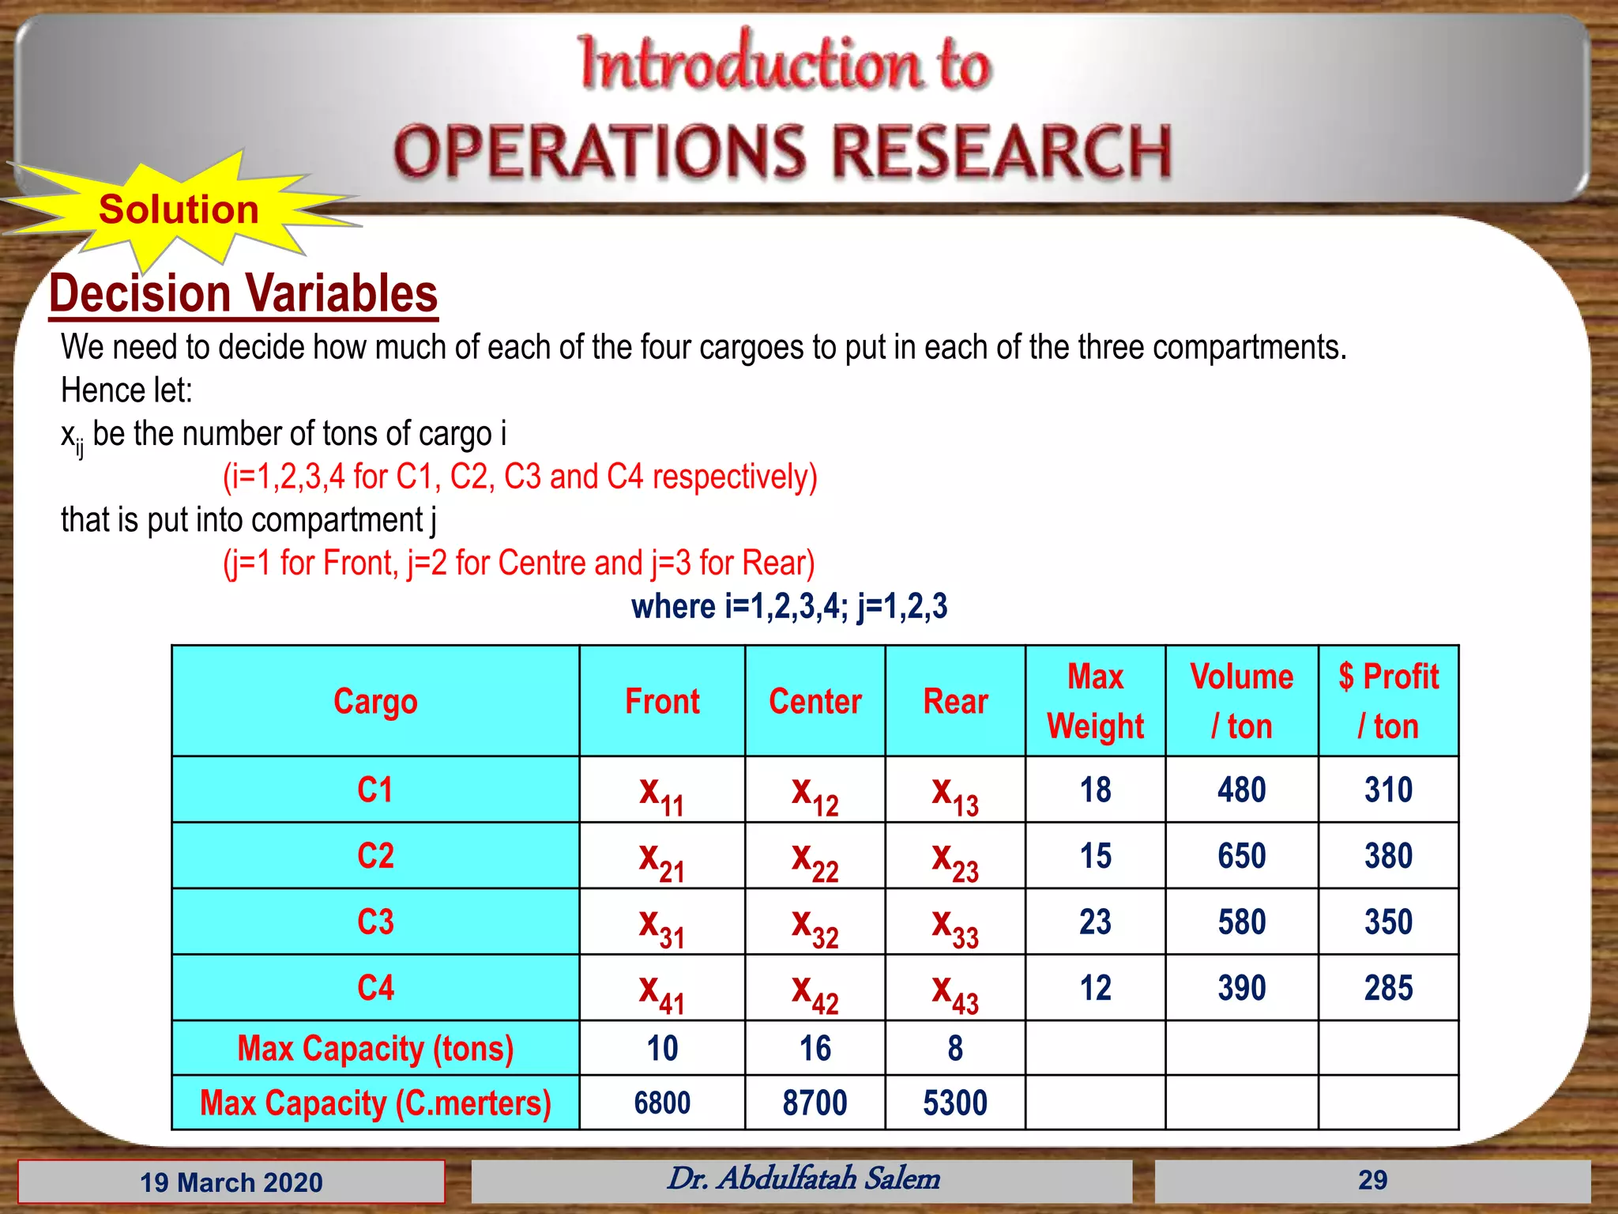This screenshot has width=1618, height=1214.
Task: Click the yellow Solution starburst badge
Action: (179, 210)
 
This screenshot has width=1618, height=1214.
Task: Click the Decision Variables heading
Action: (243, 294)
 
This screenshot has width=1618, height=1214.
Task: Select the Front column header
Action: (662, 702)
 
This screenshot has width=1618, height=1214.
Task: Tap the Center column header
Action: (815, 702)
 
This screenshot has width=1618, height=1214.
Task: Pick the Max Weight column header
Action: (1095, 702)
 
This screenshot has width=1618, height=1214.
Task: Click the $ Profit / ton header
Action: (1388, 702)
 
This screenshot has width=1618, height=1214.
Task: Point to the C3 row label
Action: (375, 922)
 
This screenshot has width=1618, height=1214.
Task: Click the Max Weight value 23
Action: (1095, 922)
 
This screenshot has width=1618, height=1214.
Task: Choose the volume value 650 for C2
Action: (1241, 856)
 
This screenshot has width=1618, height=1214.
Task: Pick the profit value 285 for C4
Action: (1388, 988)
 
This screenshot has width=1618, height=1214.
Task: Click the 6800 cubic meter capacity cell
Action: (662, 1103)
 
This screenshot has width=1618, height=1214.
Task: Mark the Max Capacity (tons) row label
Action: (375, 1049)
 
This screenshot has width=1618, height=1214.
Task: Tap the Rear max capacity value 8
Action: (955, 1049)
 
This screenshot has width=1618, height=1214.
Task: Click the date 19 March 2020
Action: (231, 1182)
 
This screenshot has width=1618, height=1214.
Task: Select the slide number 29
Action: (1372, 1181)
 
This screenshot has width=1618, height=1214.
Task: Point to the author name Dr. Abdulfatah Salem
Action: (803, 1179)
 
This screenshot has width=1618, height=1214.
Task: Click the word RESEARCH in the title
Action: (1002, 152)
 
